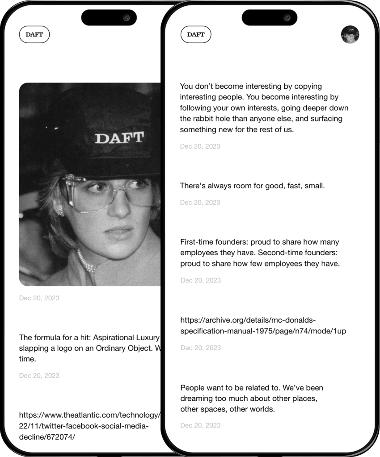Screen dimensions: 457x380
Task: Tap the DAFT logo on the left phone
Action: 34,34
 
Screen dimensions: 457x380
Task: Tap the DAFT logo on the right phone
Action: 196,34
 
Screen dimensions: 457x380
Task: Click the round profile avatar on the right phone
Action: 350,34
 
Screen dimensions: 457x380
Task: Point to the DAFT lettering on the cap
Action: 119,138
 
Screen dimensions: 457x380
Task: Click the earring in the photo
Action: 60,211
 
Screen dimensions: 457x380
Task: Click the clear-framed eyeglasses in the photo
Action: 107,193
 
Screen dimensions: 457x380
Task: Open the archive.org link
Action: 263,325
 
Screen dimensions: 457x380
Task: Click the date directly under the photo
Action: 39,298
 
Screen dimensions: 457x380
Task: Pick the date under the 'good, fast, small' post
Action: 200,203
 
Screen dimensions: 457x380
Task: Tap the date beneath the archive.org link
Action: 201,348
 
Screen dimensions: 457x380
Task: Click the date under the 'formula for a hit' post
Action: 39,376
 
